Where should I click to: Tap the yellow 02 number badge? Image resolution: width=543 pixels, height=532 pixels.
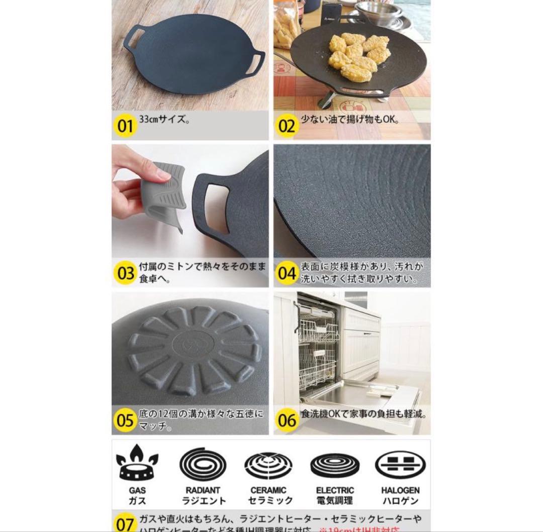(x=287, y=126)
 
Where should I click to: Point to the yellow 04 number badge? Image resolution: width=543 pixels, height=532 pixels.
(x=287, y=273)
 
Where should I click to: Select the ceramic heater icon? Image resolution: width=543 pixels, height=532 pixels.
(x=268, y=465)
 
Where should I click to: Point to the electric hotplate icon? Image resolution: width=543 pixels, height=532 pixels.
(x=335, y=465)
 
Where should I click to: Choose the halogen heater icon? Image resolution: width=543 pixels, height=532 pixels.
(x=400, y=465)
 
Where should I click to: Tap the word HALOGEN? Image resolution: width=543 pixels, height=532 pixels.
(x=400, y=490)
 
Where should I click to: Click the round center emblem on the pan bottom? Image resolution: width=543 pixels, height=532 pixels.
(x=193, y=347)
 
